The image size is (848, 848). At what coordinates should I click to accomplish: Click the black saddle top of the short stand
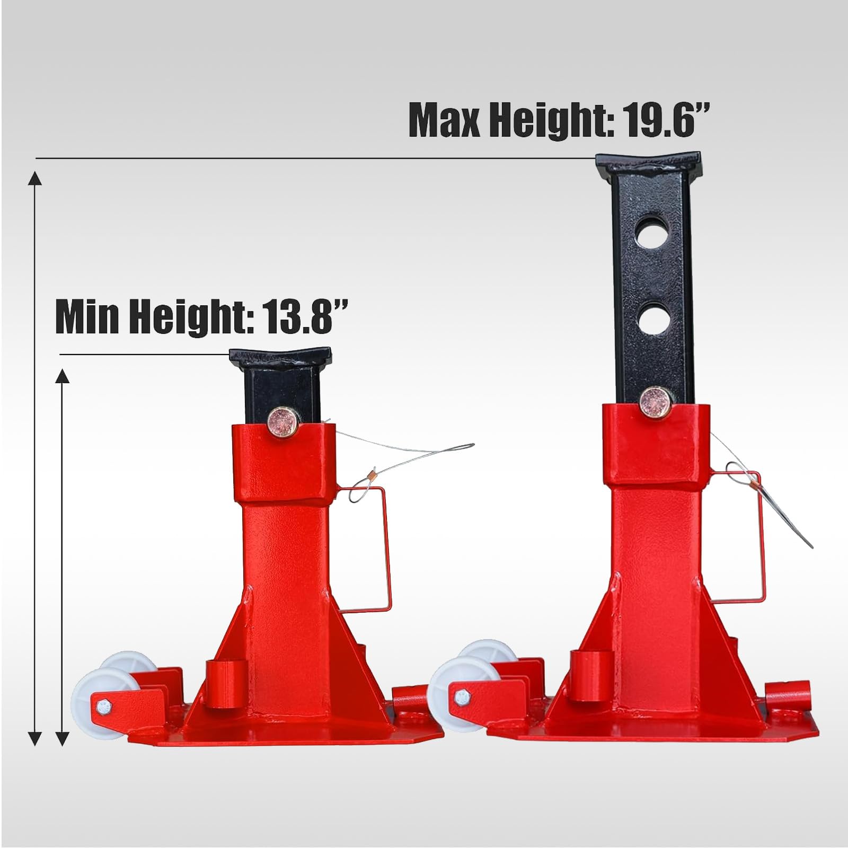(280, 359)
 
